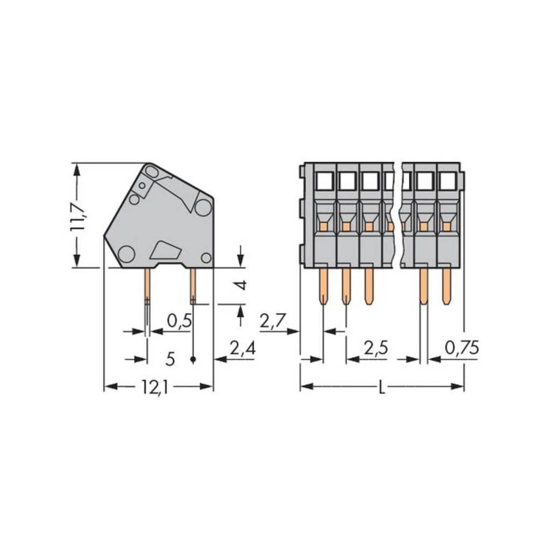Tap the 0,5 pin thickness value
click(x=179, y=321)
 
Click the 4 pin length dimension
click(x=243, y=284)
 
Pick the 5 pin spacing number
click(x=170, y=359)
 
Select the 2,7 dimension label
click(x=273, y=321)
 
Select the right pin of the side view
click(x=193, y=285)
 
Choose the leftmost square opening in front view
click(x=324, y=182)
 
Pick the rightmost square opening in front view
click(x=447, y=182)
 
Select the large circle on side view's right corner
click(x=203, y=207)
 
